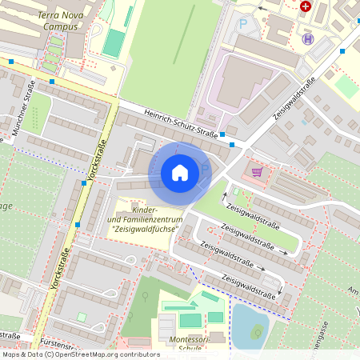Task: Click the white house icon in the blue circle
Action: click(x=180, y=172)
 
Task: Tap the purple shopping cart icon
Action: click(x=257, y=171)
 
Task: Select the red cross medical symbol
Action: click(x=305, y=6)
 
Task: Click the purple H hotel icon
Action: click(x=308, y=38)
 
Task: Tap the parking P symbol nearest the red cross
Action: click(x=242, y=24)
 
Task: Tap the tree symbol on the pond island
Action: click(x=258, y=330)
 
